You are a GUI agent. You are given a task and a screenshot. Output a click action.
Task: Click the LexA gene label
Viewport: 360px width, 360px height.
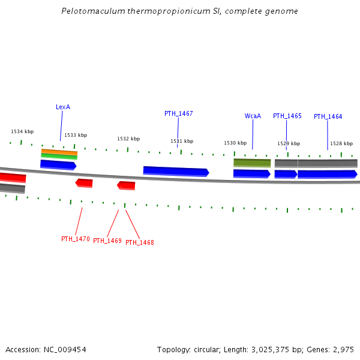(x=63, y=107)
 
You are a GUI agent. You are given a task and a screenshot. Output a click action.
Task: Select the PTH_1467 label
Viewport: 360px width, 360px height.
(x=179, y=113)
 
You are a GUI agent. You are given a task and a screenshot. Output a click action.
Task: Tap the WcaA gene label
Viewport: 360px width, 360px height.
(x=253, y=116)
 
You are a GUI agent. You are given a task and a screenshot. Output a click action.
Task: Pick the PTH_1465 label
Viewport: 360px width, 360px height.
(x=287, y=116)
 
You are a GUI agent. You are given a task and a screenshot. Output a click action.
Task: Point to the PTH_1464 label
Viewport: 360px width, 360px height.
(x=328, y=116)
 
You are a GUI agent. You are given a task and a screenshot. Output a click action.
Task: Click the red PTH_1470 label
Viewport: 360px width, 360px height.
(x=76, y=239)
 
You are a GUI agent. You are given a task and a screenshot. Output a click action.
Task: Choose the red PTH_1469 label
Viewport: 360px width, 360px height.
(x=107, y=241)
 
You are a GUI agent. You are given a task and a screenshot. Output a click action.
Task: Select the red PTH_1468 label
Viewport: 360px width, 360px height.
(x=140, y=242)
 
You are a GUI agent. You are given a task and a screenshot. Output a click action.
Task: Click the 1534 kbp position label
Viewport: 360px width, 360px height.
(x=22, y=131)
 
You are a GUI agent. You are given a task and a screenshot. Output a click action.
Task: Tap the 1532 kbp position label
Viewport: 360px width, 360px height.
(x=128, y=139)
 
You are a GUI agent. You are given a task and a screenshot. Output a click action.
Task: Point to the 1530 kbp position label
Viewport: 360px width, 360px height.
(x=235, y=143)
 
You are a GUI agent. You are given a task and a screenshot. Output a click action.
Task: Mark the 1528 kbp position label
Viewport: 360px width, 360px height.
(x=341, y=143)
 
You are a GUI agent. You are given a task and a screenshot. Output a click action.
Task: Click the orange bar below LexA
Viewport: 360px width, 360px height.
(x=59, y=152)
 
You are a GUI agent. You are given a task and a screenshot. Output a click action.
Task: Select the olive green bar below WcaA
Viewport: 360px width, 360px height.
(x=252, y=162)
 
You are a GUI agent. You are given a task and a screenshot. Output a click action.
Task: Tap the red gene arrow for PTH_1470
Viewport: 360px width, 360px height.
(x=84, y=182)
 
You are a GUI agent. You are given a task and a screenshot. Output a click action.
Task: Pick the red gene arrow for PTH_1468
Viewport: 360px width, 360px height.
(x=126, y=185)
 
